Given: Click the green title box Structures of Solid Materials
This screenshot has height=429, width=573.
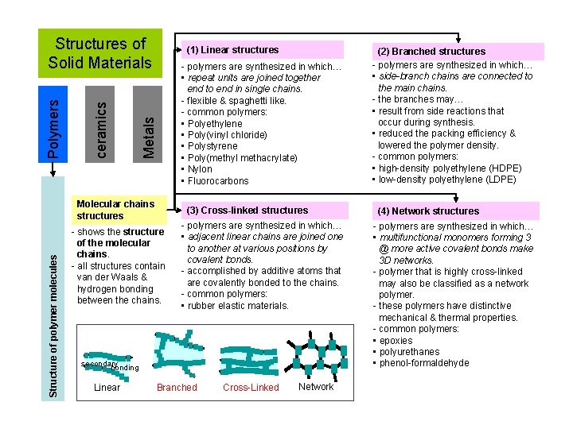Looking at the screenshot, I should coord(100,53).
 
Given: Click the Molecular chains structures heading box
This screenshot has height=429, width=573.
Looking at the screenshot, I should coord(119,210).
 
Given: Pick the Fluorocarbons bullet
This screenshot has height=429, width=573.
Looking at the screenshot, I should coord(218,181).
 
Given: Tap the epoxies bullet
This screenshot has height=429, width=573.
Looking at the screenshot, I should coord(396,341).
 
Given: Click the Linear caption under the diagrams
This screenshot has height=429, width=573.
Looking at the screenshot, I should coord(107,388).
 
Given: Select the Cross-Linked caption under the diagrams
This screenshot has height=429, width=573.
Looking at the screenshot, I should coord(251,388).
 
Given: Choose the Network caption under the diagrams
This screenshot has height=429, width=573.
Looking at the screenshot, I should coord(316,387).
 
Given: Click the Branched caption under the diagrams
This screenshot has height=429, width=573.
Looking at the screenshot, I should coord(177,388).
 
